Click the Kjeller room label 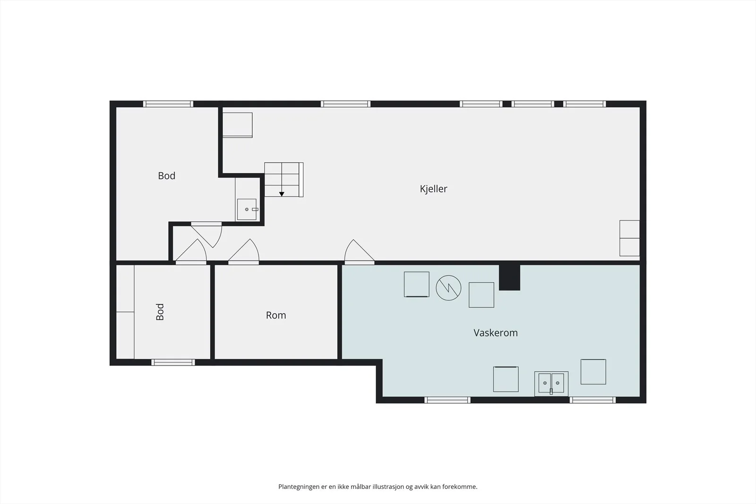pyautogui.click(x=433, y=189)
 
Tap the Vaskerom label pyautogui.click(x=496, y=333)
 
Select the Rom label pyautogui.click(x=276, y=315)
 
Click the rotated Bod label pyautogui.click(x=160, y=312)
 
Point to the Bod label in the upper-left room pyautogui.click(x=166, y=176)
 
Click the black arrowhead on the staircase pyautogui.click(x=282, y=194)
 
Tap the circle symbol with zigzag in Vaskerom pyautogui.click(x=448, y=288)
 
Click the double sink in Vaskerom pyautogui.click(x=551, y=384)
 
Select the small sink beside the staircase pyautogui.click(x=247, y=210)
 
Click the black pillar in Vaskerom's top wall pyautogui.click(x=510, y=277)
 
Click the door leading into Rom pyautogui.click(x=244, y=252)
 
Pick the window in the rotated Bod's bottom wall pyautogui.click(x=173, y=362)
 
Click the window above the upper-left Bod pyautogui.click(x=168, y=104)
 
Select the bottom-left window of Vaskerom pyautogui.click(x=447, y=400)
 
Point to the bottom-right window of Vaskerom pyautogui.click(x=593, y=400)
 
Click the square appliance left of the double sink pyautogui.click(x=506, y=379)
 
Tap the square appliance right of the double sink pyautogui.click(x=593, y=372)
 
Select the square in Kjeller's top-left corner pyautogui.click(x=238, y=125)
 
